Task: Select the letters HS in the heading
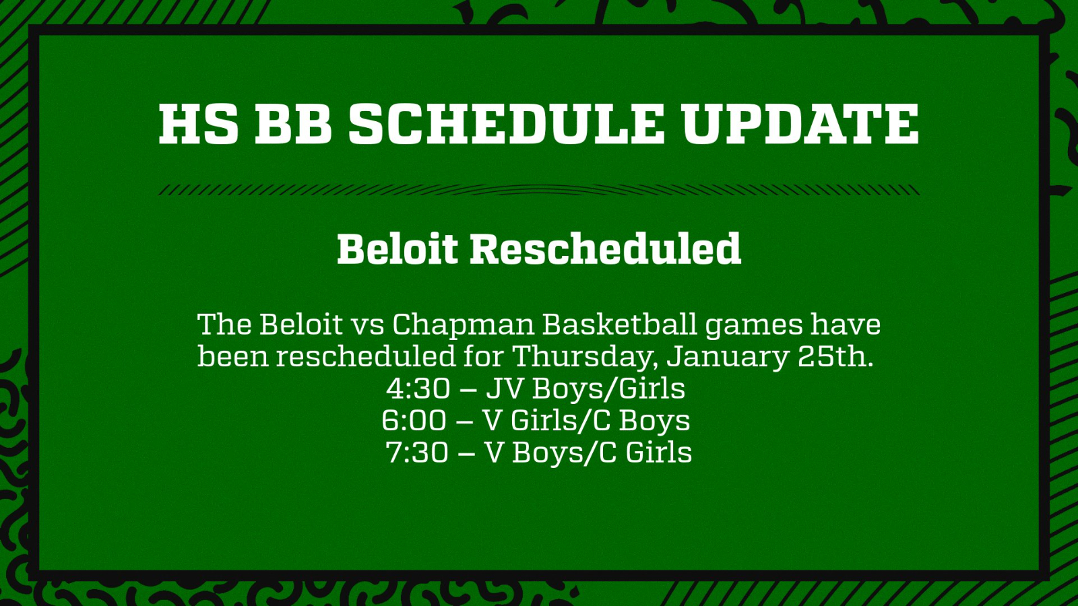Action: (x=198, y=124)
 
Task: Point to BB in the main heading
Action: (x=293, y=124)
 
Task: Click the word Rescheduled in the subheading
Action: (x=606, y=248)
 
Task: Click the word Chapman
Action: (x=464, y=325)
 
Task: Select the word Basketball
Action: (x=620, y=324)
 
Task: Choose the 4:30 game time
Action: (x=418, y=389)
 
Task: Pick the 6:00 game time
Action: (x=414, y=420)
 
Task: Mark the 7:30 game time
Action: (x=417, y=452)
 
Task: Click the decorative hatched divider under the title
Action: (x=539, y=190)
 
